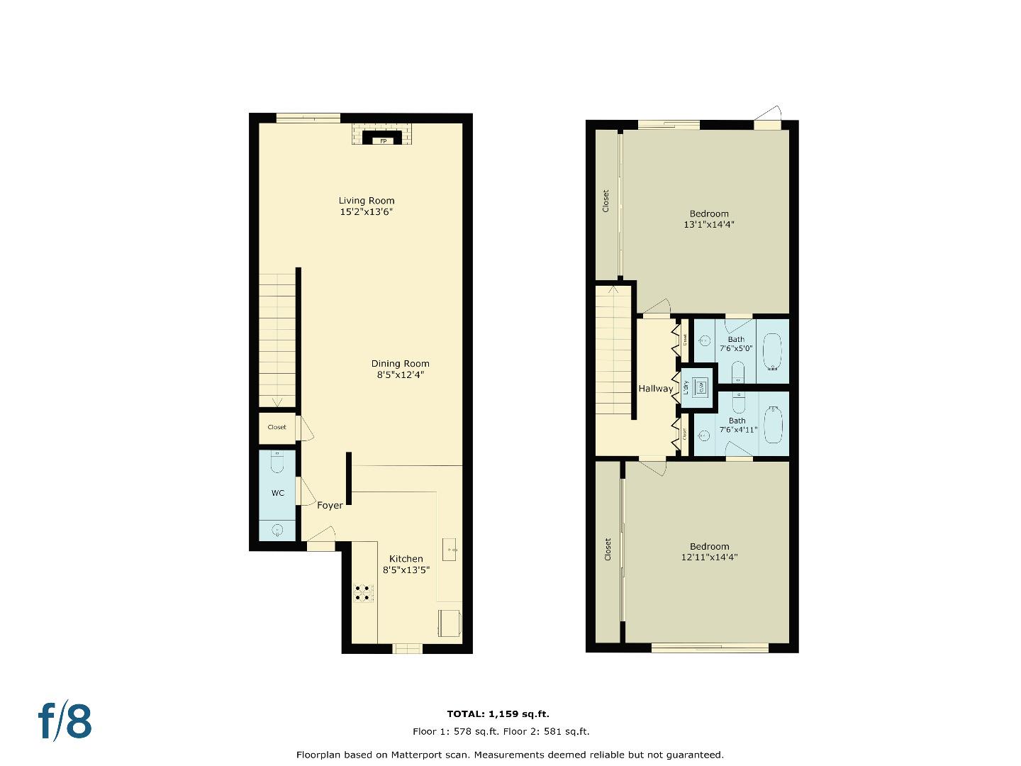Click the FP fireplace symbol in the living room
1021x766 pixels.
point(383,140)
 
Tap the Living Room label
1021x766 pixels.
point(366,201)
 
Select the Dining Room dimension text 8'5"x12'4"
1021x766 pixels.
point(400,374)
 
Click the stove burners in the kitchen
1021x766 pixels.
point(362,593)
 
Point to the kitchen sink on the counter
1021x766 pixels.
point(450,548)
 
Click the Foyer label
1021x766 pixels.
point(330,506)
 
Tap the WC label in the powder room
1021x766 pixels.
point(277,493)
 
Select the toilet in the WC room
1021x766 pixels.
point(277,462)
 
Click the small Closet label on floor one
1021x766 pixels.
point(277,427)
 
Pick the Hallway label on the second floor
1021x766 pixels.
point(655,389)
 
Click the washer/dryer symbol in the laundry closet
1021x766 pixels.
point(700,387)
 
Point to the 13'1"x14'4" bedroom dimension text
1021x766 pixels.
point(708,225)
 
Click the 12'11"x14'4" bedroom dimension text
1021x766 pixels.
point(709,557)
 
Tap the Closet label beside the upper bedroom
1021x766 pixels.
point(606,201)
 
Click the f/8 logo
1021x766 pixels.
point(65,721)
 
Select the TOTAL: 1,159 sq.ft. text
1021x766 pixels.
point(498,714)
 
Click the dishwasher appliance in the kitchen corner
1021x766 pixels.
point(450,622)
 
